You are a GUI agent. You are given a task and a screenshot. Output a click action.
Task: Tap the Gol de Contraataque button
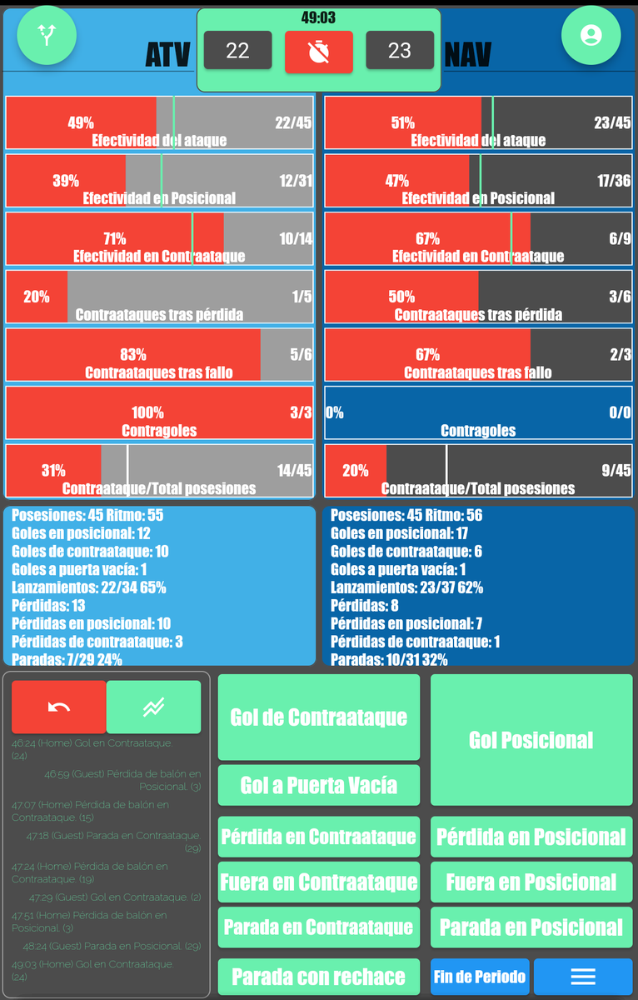click(318, 717)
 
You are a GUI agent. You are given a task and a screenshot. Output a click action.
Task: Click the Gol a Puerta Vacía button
click(318, 785)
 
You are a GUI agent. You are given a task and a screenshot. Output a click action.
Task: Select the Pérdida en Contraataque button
click(318, 837)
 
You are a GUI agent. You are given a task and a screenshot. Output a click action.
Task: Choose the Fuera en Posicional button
click(531, 882)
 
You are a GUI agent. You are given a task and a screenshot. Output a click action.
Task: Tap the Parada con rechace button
click(318, 977)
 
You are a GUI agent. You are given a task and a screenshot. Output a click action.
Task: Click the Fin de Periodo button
click(480, 977)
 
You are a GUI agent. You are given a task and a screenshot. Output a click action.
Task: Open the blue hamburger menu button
click(583, 977)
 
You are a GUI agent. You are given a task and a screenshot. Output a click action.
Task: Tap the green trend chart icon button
click(153, 707)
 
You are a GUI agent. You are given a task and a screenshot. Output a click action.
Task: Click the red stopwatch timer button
click(318, 52)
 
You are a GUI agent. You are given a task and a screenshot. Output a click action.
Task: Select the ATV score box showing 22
click(237, 51)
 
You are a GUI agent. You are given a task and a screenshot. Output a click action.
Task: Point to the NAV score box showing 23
click(400, 51)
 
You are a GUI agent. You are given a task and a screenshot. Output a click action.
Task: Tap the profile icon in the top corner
click(591, 35)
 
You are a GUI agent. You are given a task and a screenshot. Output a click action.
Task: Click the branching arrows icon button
click(47, 35)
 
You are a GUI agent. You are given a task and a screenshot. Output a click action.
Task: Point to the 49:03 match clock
click(318, 17)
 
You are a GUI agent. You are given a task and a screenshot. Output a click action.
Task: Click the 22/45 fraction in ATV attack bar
click(293, 122)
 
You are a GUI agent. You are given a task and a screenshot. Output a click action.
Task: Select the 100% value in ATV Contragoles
click(147, 412)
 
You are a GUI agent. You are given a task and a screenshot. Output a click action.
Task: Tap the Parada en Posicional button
click(531, 927)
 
